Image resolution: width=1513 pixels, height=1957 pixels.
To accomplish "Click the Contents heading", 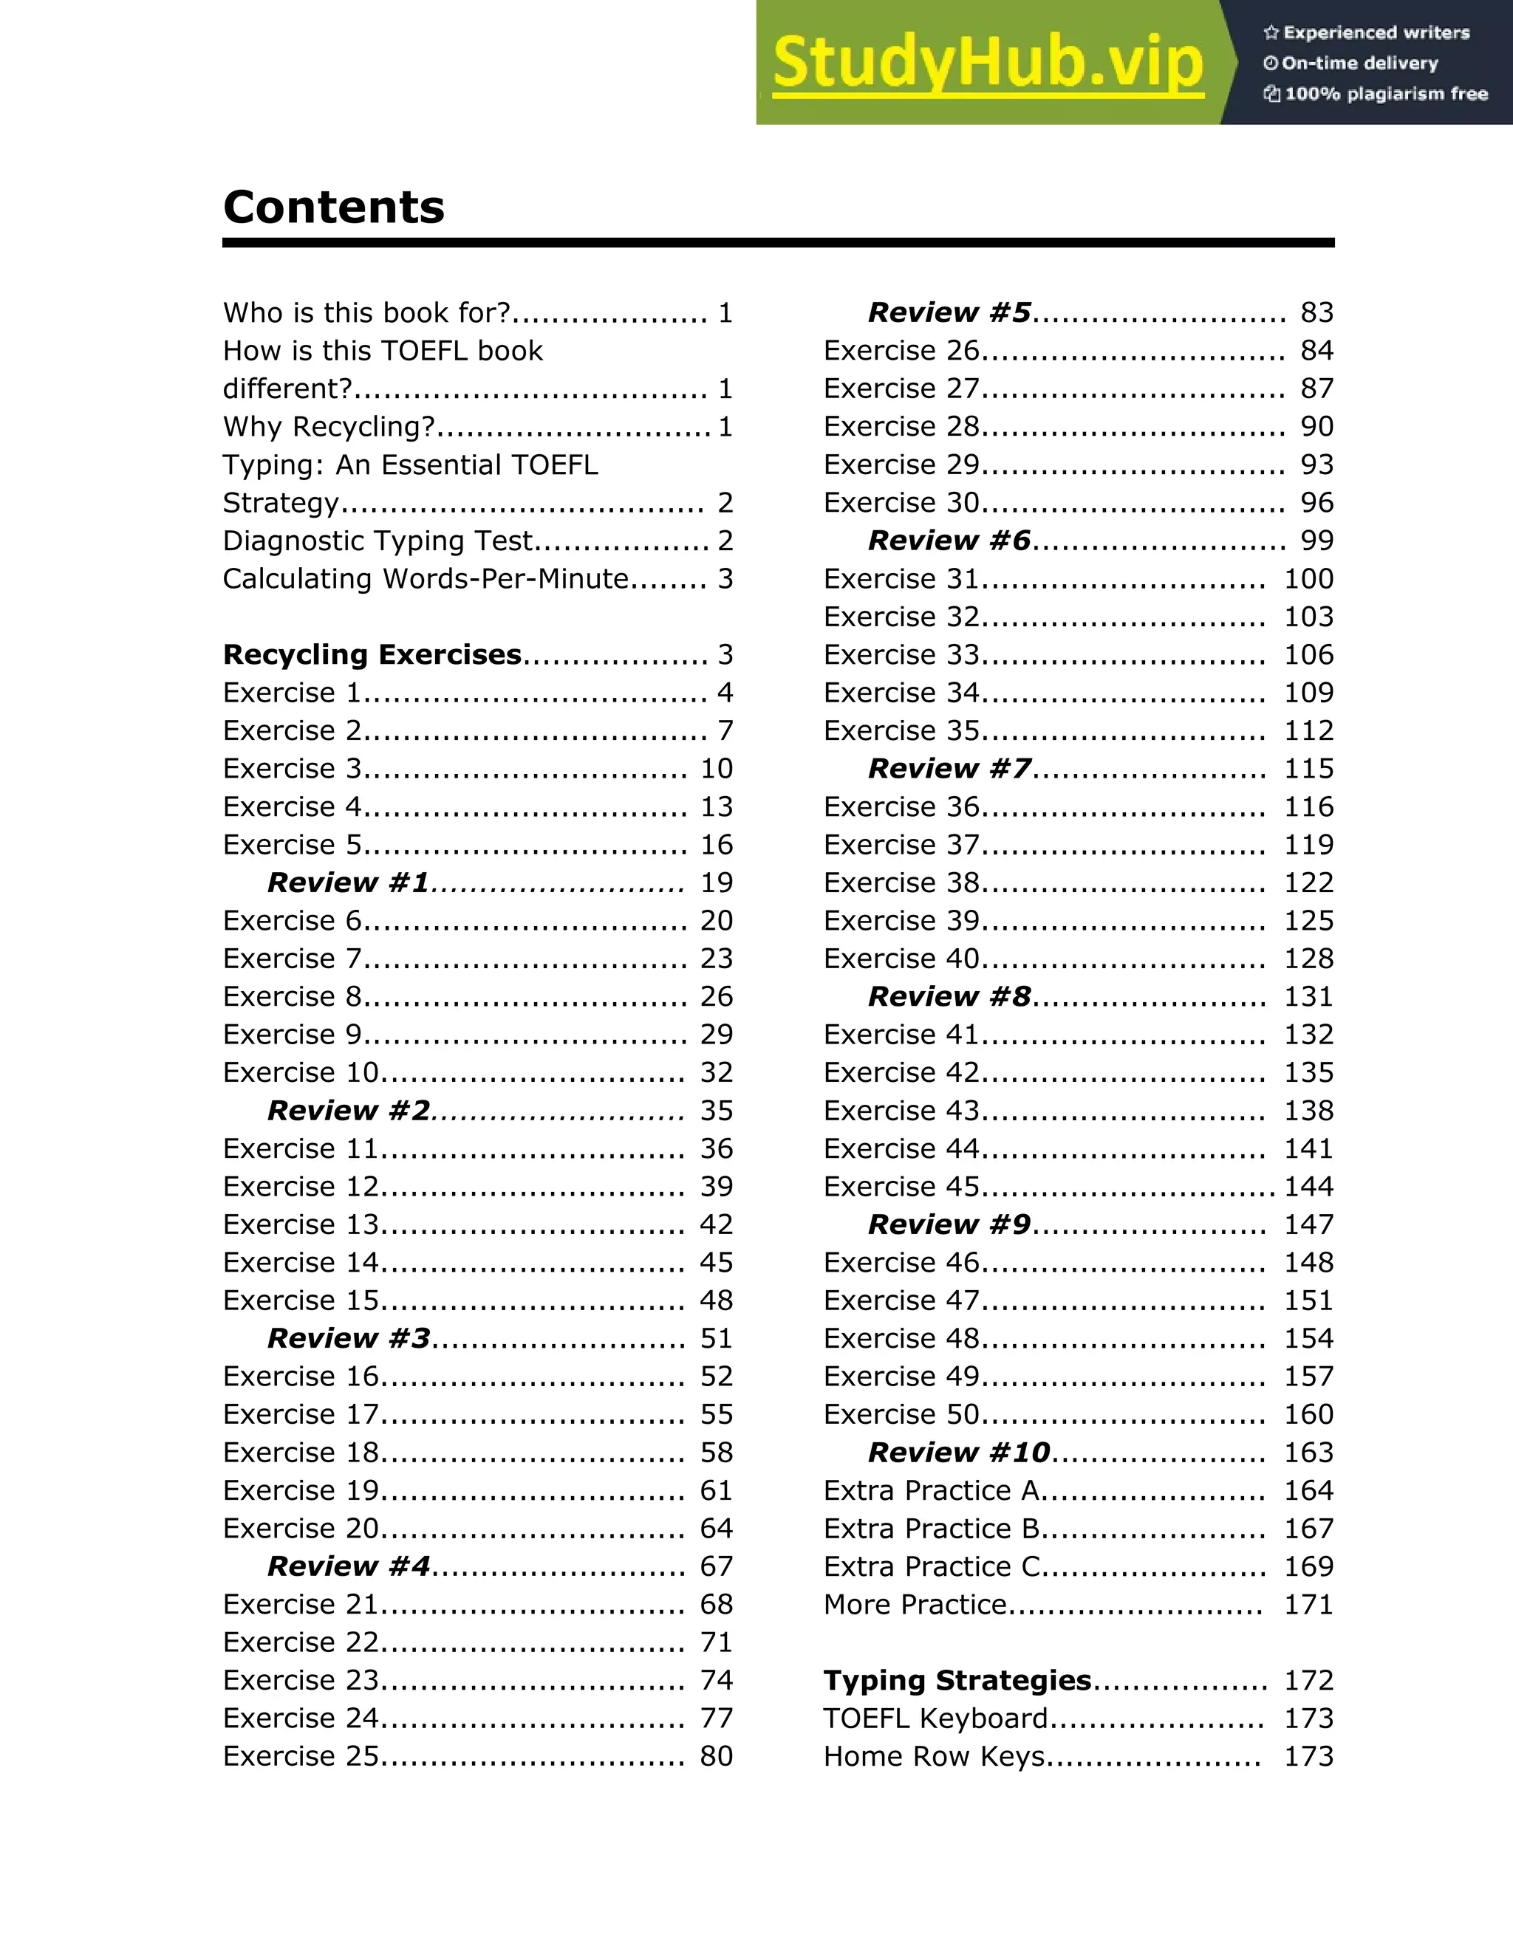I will [x=333, y=208].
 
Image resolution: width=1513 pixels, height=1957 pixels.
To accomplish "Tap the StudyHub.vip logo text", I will [x=987, y=63].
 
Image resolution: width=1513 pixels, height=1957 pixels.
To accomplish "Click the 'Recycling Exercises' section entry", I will [x=372, y=655].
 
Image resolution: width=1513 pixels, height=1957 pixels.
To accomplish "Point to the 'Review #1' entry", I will [x=349, y=882].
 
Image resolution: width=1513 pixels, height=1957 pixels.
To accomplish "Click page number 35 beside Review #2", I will [x=716, y=1111].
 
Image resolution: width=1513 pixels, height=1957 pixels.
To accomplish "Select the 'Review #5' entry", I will [x=949, y=312].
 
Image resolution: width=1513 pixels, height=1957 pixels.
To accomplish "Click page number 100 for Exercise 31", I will [x=1308, y=579].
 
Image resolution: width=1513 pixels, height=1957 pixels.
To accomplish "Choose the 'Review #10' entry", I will [x=959, y=1453].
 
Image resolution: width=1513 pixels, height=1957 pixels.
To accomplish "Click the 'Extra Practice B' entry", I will [x=932, y=1529].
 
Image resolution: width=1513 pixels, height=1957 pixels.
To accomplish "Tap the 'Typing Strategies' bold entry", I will [x=957, y=1680].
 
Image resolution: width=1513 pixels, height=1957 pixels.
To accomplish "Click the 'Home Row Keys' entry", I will [x=934, y=1756].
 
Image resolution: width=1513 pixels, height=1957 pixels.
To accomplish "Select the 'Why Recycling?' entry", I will [x=329, y=427].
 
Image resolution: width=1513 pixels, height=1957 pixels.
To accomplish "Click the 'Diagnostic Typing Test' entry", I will [x=378, y=541].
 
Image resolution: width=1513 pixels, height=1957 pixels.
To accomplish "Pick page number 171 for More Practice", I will [x=1308, y=1605].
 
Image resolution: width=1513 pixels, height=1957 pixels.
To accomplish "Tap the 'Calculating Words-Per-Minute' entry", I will [x=426, y=579].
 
